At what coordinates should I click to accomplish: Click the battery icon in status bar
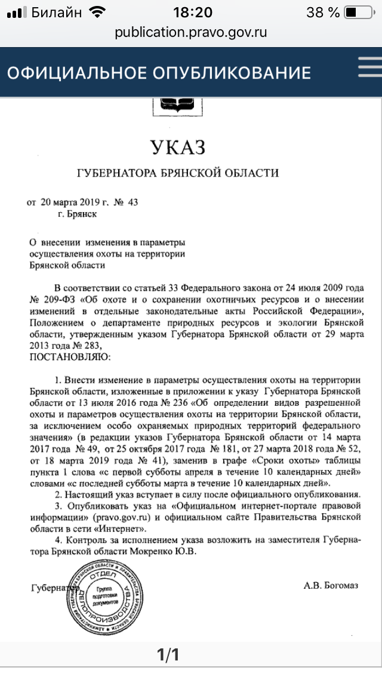(358, 12)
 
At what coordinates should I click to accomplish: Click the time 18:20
(192, 12)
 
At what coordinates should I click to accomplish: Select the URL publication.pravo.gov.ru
(191, 32)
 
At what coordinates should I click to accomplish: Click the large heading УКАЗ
(178, 147)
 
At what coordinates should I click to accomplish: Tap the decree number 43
(133, 202)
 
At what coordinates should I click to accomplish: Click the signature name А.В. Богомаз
(331, 586)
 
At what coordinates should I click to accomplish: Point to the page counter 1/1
(168, 655)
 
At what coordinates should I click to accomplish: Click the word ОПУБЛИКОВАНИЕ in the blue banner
(232, 73)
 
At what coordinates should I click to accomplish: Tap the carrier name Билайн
(57, 12)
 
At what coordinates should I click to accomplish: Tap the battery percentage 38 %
(323, 12)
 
